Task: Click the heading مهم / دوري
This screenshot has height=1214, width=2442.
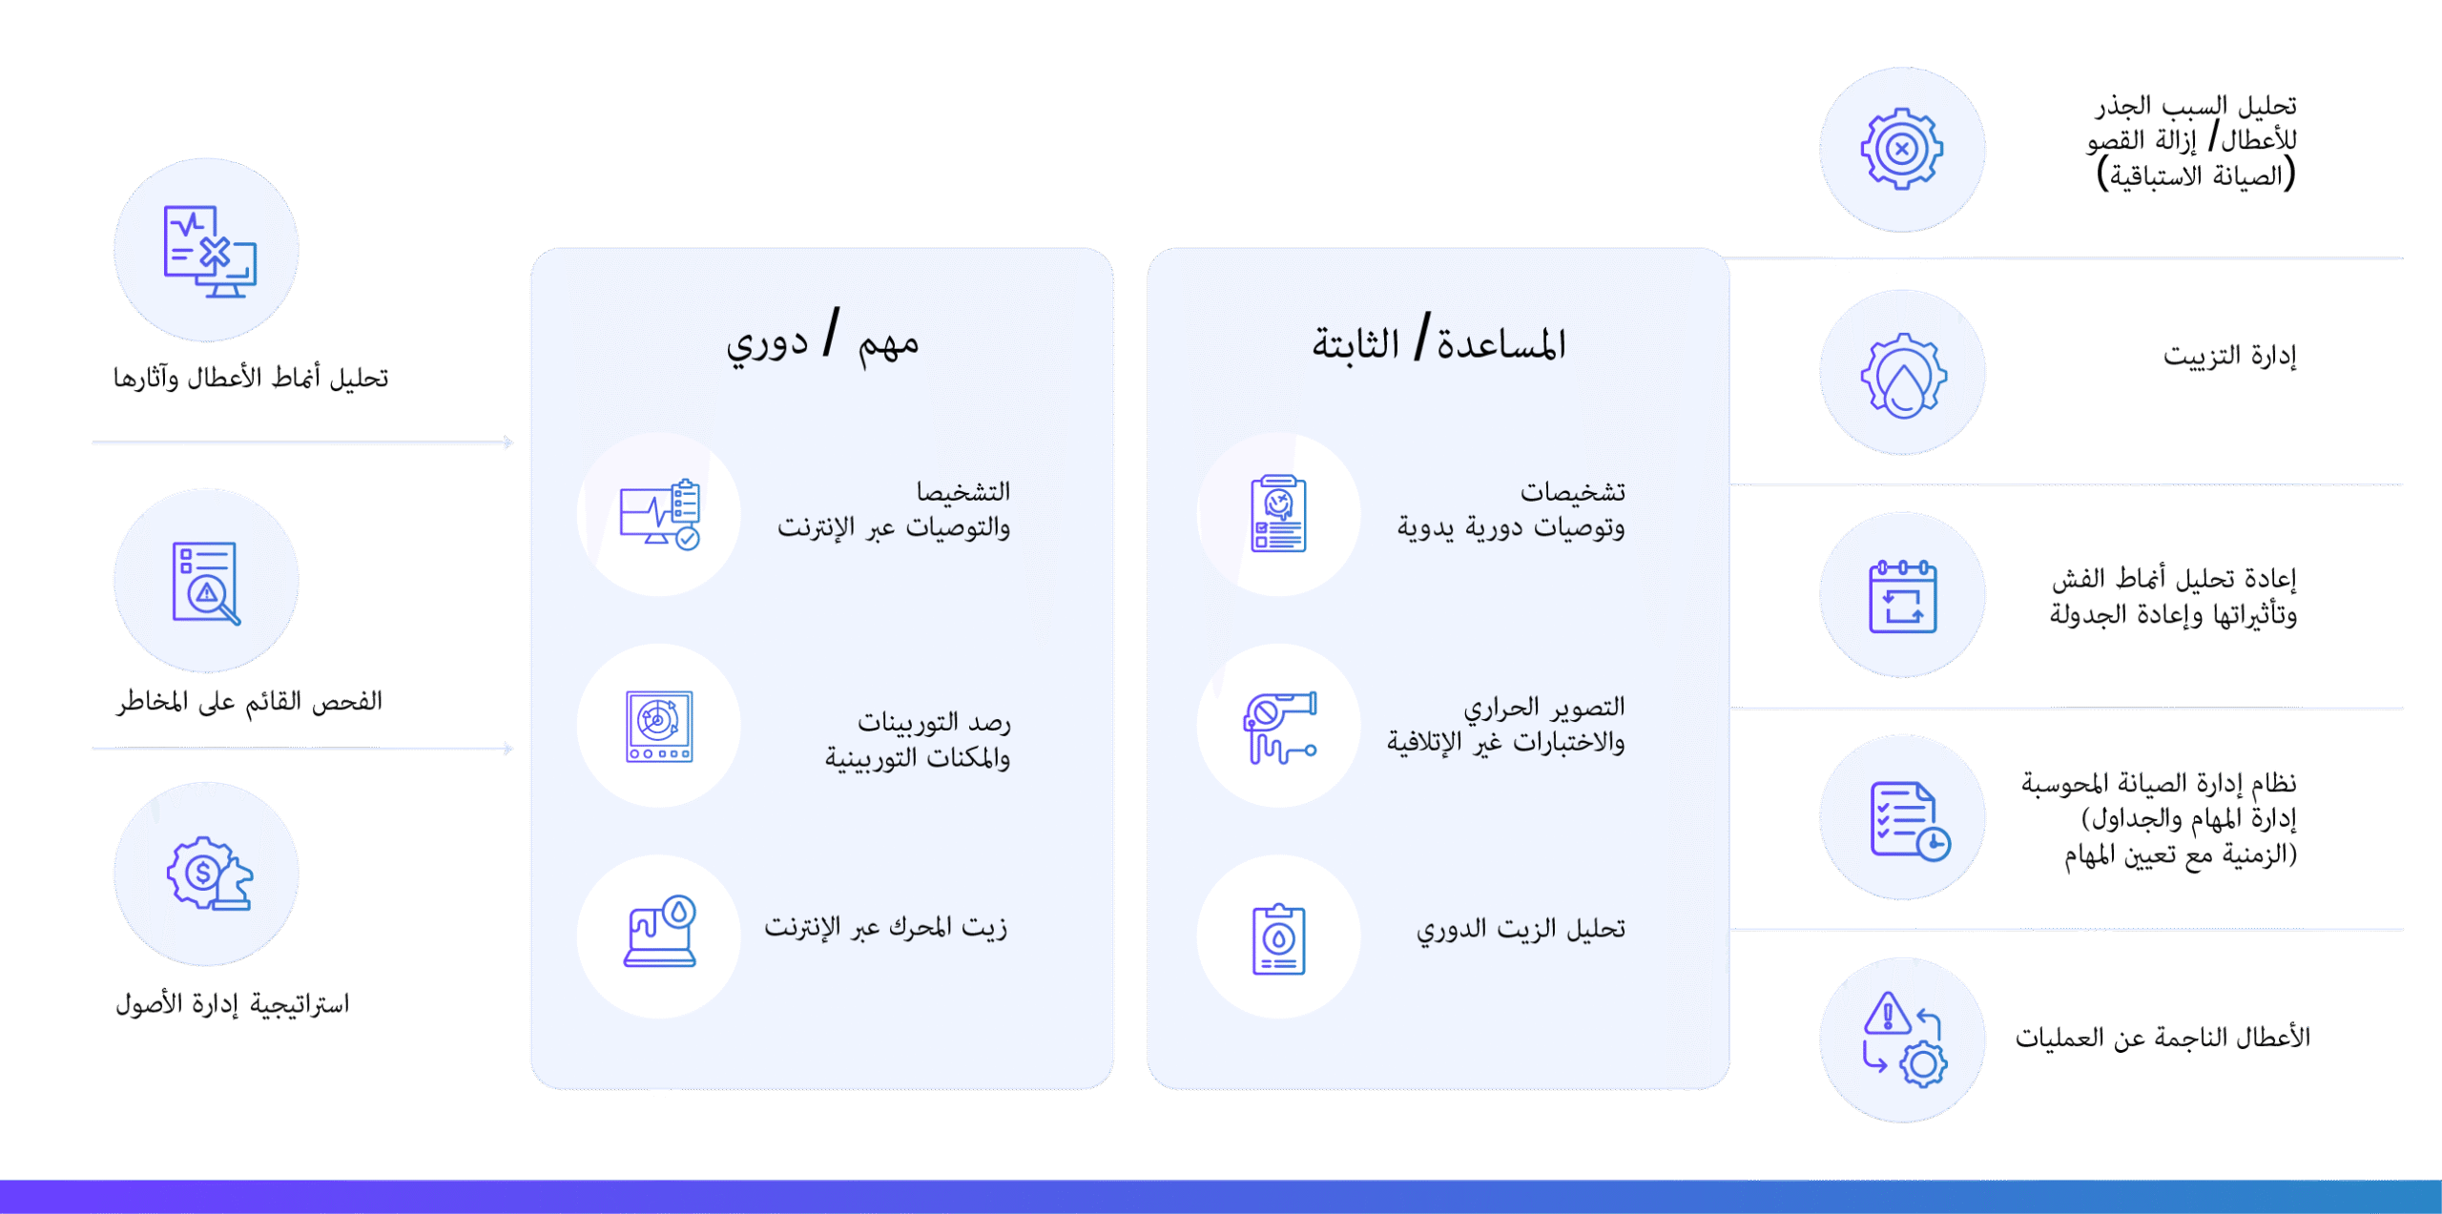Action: pos(822,339)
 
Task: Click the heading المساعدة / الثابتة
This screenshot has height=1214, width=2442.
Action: pos(1438,340)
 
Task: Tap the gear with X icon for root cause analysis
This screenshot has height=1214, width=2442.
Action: pos(1902,149)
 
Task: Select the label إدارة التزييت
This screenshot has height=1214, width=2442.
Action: pos(2229,356)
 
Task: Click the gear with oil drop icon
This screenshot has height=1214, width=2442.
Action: pos(1903,376)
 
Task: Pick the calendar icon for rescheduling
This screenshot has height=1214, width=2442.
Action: pos(1902,596)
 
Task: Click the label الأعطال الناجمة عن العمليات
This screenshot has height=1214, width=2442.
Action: pos(2163,1038)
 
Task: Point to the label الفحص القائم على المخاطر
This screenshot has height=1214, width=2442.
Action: pos(249,702)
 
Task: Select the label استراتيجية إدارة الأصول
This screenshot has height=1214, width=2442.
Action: pos(233,1003)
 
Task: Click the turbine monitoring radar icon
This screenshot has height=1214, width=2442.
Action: pos(659,727)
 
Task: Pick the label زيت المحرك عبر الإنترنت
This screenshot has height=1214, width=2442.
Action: pos(885,927)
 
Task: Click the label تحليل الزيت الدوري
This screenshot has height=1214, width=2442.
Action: pos(1521,929)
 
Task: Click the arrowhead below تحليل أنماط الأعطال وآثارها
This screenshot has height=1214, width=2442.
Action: pos(508,442)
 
